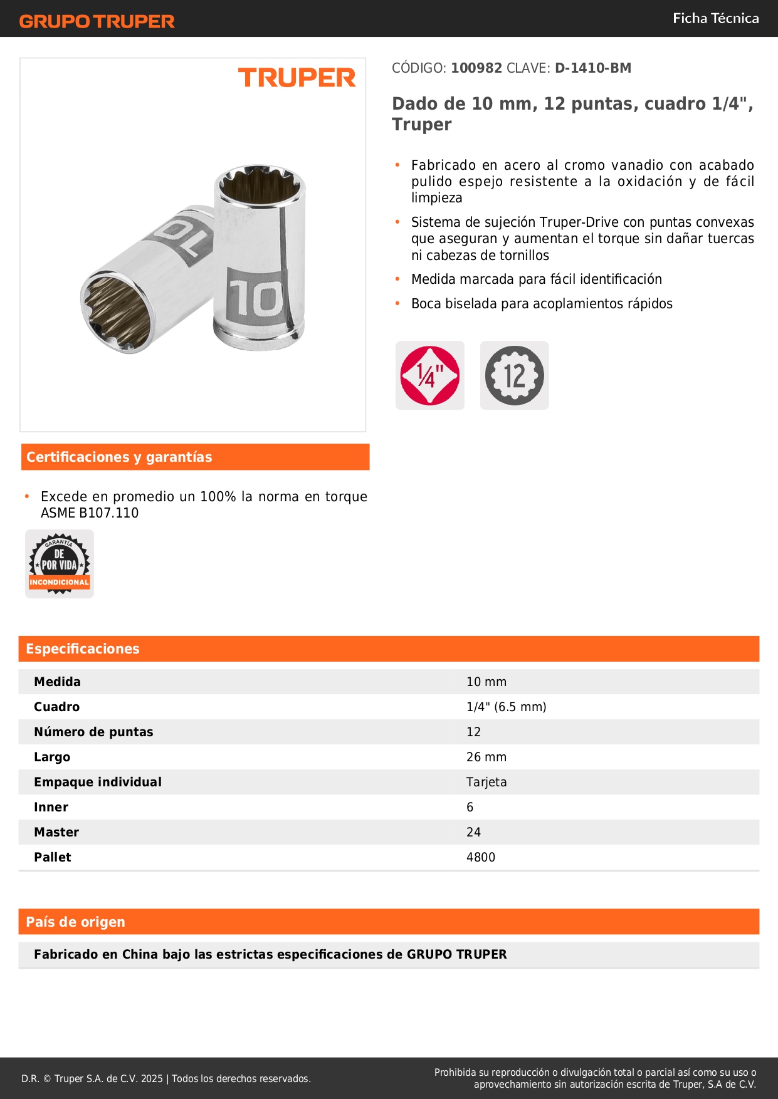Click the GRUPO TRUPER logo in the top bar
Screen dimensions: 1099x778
(97, 21)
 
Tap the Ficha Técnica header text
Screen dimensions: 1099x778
(715, 18)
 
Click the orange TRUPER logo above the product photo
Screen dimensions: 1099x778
(297, 78)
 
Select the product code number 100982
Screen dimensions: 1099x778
(476, 68)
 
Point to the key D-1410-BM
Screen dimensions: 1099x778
(592, 68)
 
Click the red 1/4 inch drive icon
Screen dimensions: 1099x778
(430, 375)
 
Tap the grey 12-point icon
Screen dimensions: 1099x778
(514, 375)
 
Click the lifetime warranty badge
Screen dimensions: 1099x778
(60, 564)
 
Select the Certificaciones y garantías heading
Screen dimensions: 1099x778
(119, 457)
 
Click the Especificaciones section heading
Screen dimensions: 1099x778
(83, 648)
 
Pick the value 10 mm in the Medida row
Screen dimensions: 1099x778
(486, 682)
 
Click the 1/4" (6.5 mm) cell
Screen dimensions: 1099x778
(506, 707)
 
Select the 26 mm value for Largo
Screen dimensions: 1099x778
(486, 757)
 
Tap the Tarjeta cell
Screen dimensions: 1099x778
(486, 782)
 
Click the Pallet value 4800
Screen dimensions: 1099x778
(481, 857)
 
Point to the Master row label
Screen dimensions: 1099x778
(56, 832)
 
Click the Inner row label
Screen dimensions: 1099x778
(51, 807)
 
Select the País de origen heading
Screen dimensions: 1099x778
(75, 922)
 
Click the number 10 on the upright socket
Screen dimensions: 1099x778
(256, 298)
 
